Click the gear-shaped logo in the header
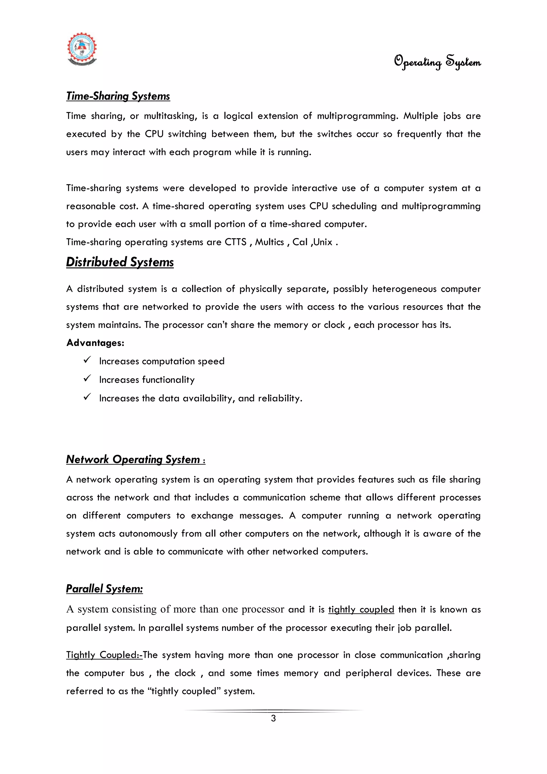pos(82,49)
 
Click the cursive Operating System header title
pos(437,61)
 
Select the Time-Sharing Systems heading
pos(118,96)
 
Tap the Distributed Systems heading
pos(120,262)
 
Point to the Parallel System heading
pos(104,589)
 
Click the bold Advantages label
pos(95,343)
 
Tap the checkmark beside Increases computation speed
pos(87,360)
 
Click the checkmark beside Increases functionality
pos(87,379)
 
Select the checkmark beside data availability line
pos(87,397)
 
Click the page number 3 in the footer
pos(273,718)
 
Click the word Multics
pos(269,242)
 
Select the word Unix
pos(323,242)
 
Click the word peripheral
pos(368,673)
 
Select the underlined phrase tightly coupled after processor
pos(361,609)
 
